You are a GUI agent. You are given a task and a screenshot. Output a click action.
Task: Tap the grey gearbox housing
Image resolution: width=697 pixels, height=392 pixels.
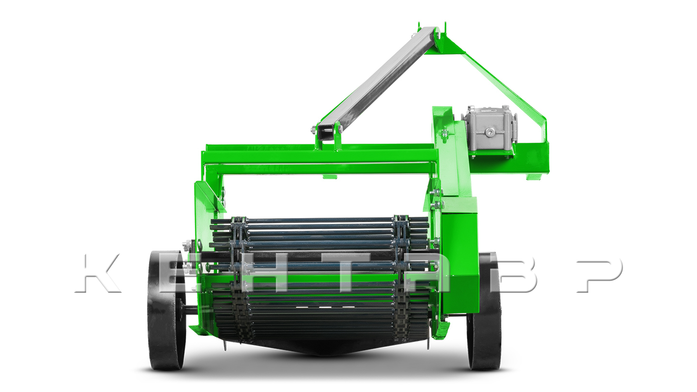click(489, 131)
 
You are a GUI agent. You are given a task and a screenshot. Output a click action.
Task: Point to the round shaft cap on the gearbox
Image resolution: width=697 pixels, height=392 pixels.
click(490, 132)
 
